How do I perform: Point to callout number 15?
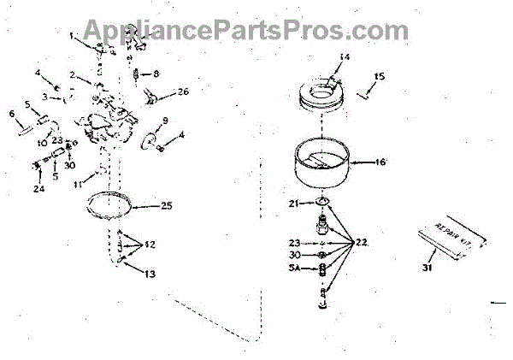pyautogui.click(x=380, y=76)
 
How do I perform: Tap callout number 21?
pyautogui.click(x=292, y=203)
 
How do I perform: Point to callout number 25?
pyautogui.click(x=166, y=205)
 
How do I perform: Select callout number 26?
pyautogui.click(x=183, y=91)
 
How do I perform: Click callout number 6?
pyautogui.click(x=12, y=113)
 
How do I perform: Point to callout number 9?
pyautogui.click(x=165, y=120)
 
